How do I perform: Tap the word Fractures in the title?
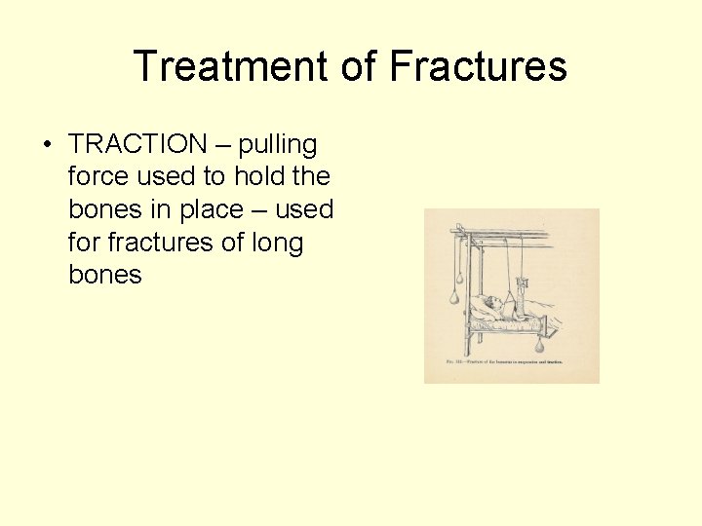pyautogui.click(x=478, y=67)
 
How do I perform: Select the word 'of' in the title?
pyautogui.click(x=359, y=67)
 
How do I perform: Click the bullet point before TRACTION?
pyautogui.click(x=47, y=145)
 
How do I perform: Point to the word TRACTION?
pyautogui.click(x=137, y=145)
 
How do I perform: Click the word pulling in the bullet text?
pyautogui.click(x=278, y=145)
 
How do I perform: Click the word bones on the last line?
pyautogui.click(x=105, y=274)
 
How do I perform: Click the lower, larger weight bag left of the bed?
pyautogui.click(x=454, y=295)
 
